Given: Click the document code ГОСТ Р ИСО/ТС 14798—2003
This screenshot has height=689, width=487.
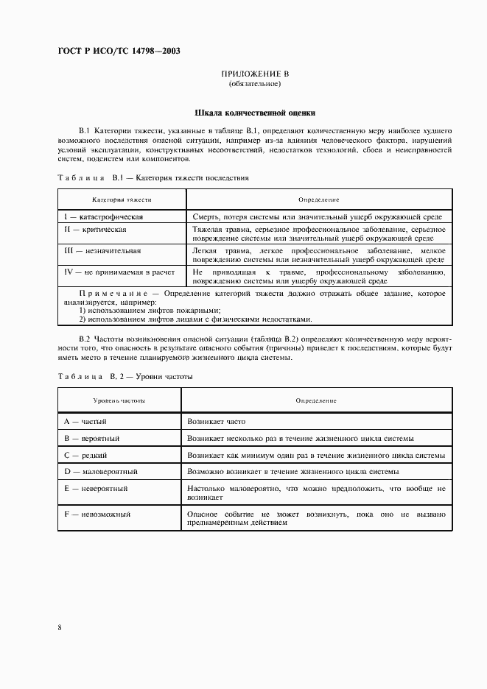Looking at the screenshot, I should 119,51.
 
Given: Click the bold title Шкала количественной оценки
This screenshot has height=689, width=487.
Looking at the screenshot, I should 255,113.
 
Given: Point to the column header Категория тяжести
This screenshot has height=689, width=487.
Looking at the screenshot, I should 122,199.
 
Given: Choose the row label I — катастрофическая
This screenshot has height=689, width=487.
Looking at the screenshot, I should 103,217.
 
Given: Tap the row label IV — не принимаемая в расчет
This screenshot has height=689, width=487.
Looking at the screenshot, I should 119,272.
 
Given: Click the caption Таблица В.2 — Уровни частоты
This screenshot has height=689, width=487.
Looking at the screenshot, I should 125,376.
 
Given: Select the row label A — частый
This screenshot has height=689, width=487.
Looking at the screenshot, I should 85,421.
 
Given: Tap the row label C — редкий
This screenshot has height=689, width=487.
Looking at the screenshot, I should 87,455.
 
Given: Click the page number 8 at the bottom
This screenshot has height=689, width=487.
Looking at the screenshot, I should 59,627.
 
